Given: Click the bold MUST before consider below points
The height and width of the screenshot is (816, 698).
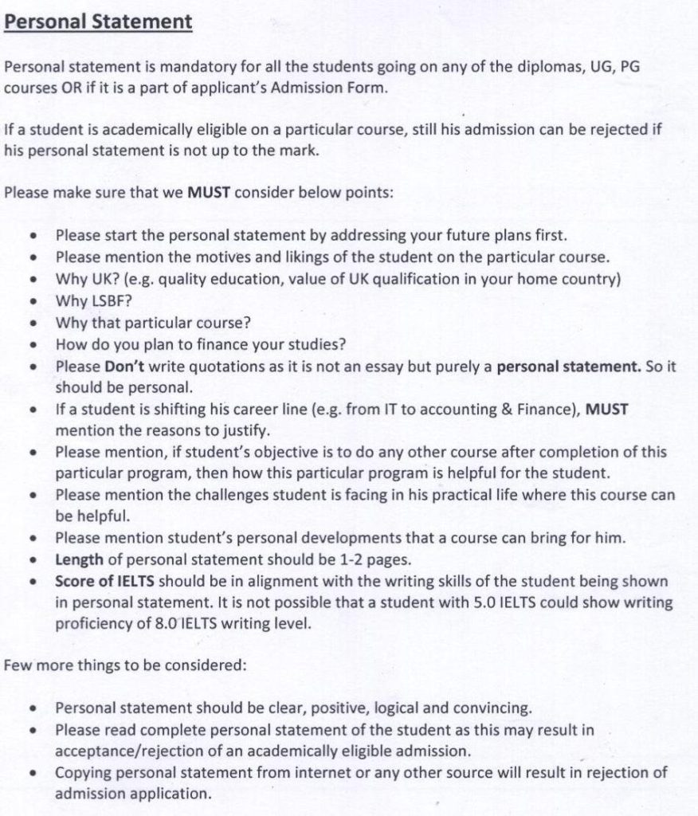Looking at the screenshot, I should pos(209,191).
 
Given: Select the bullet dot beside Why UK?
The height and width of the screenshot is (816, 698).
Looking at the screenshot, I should pos(33,280).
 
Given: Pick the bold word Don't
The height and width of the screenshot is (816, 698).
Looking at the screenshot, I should pos(123,367).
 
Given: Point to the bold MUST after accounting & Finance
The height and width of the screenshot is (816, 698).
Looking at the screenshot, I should pos(606,410).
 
